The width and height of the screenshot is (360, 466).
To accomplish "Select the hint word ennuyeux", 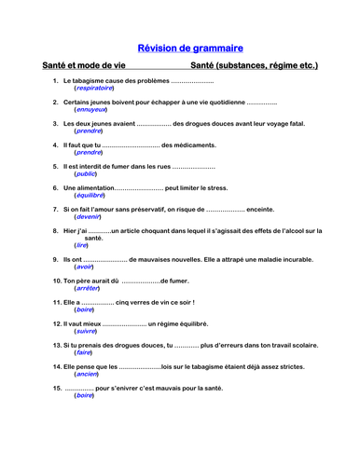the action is (90, 109).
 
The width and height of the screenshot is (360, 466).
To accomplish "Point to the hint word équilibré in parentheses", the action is (90, 195).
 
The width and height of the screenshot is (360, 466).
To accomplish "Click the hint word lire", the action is (82, 245).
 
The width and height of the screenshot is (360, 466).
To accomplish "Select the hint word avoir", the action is (85, 267).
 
